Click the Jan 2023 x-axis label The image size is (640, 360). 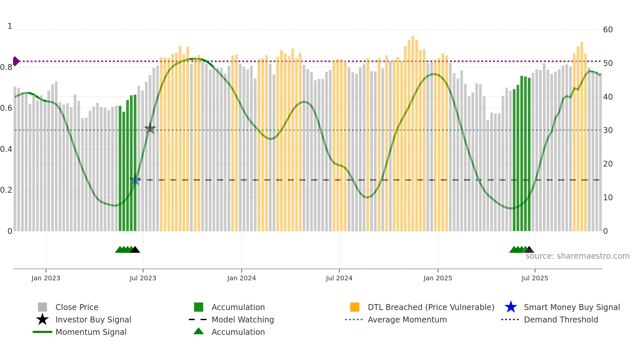tap(46, 278)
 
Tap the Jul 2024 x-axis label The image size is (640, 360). tap(339, 278)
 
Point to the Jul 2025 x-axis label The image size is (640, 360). tap(535, 278)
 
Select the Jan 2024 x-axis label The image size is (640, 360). tap(241, 278)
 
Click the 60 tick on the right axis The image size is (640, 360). tap(608, 30)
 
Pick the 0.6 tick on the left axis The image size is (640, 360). tap(6, 108)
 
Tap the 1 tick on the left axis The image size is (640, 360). tap(10, 26)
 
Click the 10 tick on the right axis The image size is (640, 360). tap(608, 198)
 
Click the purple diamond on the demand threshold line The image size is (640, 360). tap(16, 61)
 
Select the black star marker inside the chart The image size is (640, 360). tap(150, 129)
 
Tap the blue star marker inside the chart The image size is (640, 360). tap(135, 180)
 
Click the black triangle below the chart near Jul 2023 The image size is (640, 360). tap(135, 250)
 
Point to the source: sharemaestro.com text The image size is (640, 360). tap(577, 256)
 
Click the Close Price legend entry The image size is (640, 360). tap(77, 307)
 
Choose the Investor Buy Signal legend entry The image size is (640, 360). tap(93, 319)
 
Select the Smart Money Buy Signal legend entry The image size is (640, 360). tap(571, 307)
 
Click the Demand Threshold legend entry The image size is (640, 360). tap(561, 319)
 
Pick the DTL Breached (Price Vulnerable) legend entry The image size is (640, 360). tap(431, 307)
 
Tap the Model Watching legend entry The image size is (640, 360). tap(243, 319)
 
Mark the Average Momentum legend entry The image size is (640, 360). tap(407, 319)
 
